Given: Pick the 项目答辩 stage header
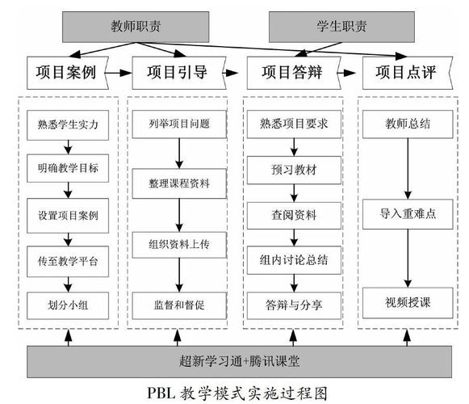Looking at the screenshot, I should (x=291, y=72).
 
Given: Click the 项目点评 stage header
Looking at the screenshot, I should (x=405, y=72).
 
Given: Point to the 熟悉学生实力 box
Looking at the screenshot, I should (x=68, y=125).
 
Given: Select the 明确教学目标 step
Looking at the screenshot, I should (x=68, y=170).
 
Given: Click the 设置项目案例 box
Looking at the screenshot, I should (x=68, y=216).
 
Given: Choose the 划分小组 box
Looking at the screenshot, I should (x=68, y=305).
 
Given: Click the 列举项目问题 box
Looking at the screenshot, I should (x=179, y=125).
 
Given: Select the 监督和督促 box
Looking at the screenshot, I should (x=179, y=305).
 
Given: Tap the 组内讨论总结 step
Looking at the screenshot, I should (x=294, y=259).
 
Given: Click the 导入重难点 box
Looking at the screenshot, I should (x=407, y=216).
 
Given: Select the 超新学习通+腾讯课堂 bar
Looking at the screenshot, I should (x=234, y=358).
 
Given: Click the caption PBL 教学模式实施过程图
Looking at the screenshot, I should (x=234, y=393).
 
